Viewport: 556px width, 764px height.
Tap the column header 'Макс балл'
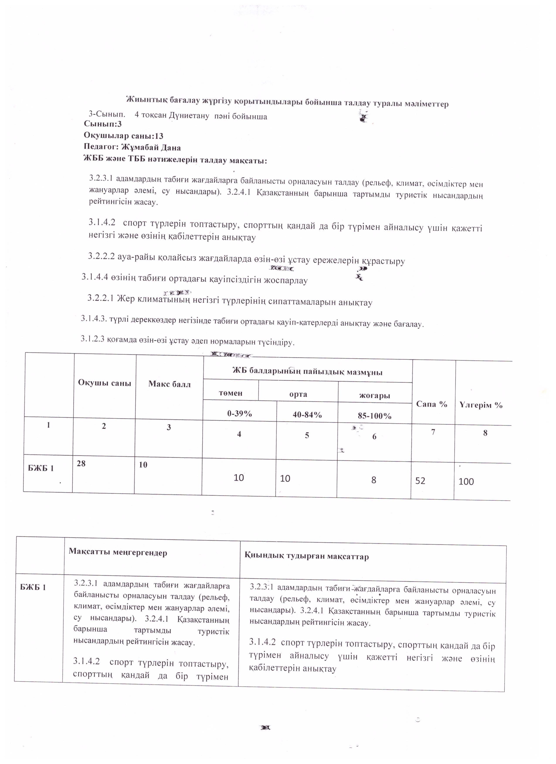[169, 384]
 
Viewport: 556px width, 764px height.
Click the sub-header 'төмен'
[231, 393]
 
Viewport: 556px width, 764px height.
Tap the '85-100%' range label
[374, 416]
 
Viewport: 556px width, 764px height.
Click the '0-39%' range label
[239, 414]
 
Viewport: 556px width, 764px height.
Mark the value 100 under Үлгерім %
[466, 482]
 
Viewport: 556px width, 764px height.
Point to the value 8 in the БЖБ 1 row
[374, 480]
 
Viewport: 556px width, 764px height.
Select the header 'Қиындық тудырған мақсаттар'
[307, 556]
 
